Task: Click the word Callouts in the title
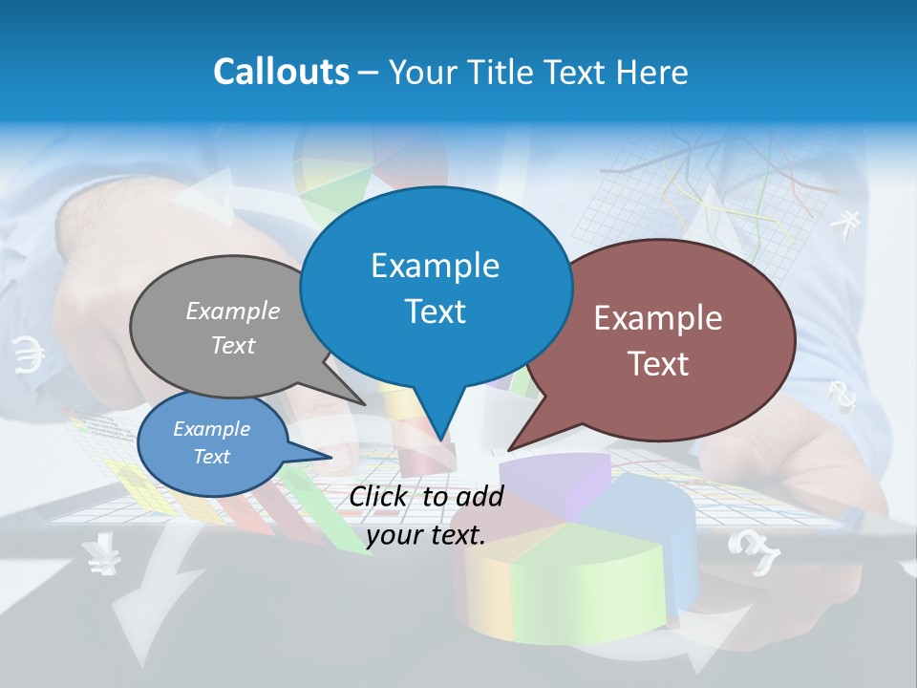281,72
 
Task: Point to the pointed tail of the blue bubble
439,435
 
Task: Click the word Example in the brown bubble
658,318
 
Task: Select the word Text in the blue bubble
436,312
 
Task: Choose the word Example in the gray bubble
233,311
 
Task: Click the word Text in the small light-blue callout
212,457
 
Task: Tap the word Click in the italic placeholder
381,496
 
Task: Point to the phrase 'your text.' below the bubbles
426,535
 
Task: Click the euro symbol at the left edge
30,355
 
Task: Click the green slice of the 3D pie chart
573,583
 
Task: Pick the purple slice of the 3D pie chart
554,478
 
